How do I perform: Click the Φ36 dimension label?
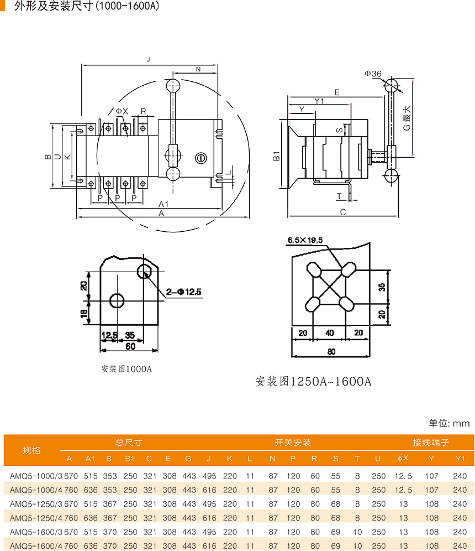(x=373, y=74)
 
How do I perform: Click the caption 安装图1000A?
(x=126, y=369)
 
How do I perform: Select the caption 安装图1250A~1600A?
(x=313, y=382)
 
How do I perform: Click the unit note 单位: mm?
(x=449, y=423)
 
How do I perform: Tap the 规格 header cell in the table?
(x=31, y=450)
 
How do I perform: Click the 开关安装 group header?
(x=293, y=443)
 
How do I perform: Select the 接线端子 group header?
(x=431, y=443)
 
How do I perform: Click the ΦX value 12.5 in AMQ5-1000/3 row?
(x=403, y=476)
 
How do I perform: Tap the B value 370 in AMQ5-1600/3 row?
(x=109, y=532)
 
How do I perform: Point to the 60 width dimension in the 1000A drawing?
(x=130, y=347)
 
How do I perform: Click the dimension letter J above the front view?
(x=148, y=59)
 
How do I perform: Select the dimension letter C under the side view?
(x=343, y=212)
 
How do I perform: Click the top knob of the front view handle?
(x=173, y=85)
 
